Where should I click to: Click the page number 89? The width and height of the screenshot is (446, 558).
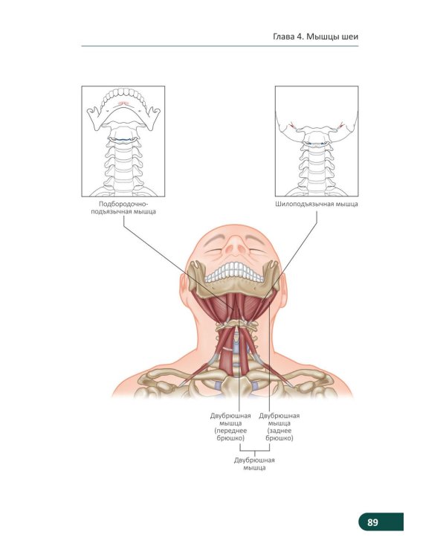(372, 522)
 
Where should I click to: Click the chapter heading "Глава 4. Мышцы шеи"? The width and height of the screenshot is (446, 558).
(315, 36)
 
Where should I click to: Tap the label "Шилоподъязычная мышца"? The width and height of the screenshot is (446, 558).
(317, 205)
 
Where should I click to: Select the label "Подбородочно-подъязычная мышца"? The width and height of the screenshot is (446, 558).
(123, 208)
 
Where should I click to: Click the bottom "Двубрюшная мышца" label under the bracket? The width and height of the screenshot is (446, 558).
(254, 464)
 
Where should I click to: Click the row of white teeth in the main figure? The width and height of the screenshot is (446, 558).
(234, 272)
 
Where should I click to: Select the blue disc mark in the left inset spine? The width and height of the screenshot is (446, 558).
(123, 139)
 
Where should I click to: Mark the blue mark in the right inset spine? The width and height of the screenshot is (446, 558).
(316, 144)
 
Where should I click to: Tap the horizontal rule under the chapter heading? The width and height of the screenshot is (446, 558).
(220, 46)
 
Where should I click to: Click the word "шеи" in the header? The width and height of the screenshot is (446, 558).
(351, 36)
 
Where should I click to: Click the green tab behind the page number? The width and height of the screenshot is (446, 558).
(381, 522)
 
